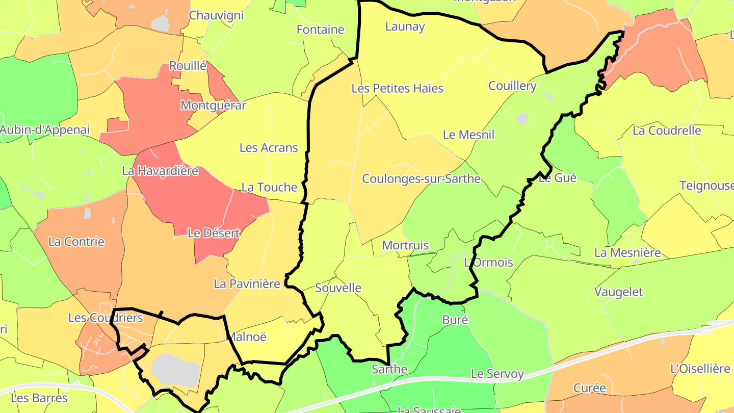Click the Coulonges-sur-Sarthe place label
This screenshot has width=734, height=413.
coord(421,179)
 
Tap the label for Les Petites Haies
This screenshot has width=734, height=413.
coord(398,88)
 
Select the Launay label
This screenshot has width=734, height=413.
coord(405,27)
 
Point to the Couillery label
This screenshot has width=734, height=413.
coord(512,86)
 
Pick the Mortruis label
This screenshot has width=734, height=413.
coord(405,245)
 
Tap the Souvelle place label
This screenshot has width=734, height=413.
coord(338,288)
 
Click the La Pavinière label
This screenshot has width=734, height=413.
coord(247,283)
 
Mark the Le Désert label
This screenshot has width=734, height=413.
coord(214,233)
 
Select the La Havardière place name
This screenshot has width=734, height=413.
coord(160,171)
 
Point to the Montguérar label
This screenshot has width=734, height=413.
coord(213,106)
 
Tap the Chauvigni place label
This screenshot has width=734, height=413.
coord(216,15)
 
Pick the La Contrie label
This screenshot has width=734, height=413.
coord(76,242)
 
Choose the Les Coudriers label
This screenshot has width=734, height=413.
coord(106,318)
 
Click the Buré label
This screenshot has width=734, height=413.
coord(455,320)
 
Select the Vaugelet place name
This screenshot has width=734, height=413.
coord(618,292)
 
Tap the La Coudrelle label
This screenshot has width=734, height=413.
coord(667,131)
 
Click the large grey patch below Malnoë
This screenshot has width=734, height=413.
coord(174,370)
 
